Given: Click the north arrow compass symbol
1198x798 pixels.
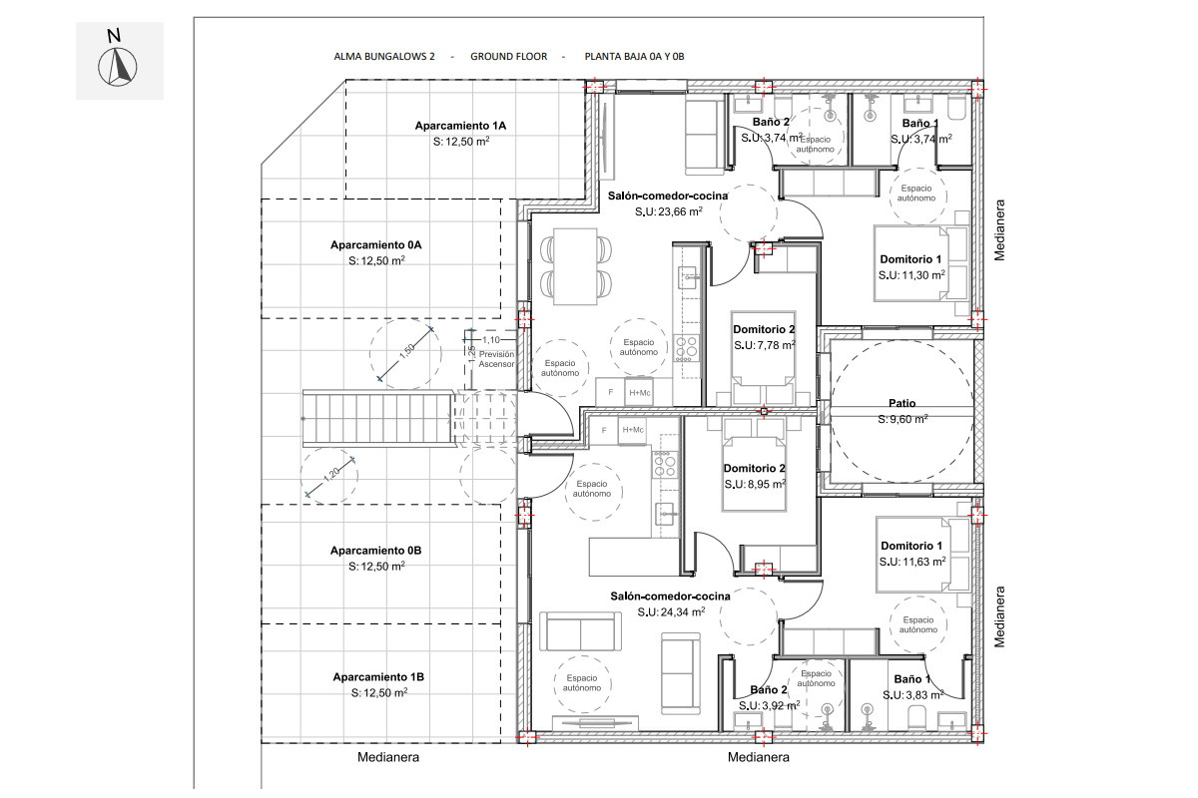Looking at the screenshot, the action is click(118, 67).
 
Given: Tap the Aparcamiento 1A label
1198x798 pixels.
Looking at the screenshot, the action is click(460, 126).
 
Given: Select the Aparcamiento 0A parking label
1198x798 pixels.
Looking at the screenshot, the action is click(376, 245).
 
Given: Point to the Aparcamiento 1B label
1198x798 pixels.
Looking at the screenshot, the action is click(378, 677).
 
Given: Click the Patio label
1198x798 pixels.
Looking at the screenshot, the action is click(902, 404).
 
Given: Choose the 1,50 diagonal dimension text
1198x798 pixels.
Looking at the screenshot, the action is click(407, 351).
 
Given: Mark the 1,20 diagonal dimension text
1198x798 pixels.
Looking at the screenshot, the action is click(331, 474).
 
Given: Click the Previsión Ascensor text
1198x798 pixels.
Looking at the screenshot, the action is click(496, 359).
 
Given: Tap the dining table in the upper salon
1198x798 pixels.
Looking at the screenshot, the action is click(575, 266).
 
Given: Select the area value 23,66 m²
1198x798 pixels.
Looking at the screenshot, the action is click(669, 211).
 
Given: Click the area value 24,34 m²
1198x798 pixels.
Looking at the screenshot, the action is click(671, 612).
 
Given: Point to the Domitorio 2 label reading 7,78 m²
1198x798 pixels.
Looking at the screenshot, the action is click(764, 330).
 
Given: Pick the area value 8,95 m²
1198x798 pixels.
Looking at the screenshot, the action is click(755, 484).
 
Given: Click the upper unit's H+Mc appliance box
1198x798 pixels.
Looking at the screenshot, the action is click(640, 393).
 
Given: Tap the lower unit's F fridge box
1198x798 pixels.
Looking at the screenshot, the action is click(604, 431).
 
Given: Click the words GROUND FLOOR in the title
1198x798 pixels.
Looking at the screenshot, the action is click(508, 57).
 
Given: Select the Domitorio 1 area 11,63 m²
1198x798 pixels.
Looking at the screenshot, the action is click(912, 563).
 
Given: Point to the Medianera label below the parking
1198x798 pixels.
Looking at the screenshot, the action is click(388, 757).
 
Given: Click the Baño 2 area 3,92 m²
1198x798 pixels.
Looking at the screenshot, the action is click(769, 706).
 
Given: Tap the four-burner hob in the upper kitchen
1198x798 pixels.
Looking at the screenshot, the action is click(686, 346).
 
